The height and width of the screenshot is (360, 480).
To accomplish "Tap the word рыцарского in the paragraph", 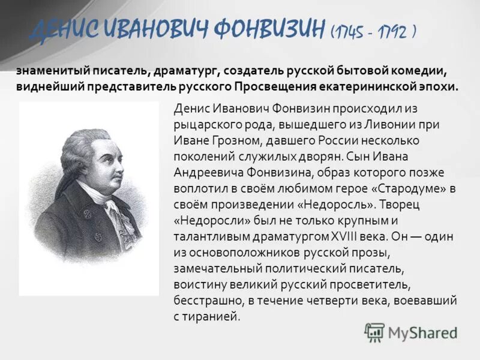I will (203, 125).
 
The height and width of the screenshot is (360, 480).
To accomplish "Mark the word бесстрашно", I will (205, 299).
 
